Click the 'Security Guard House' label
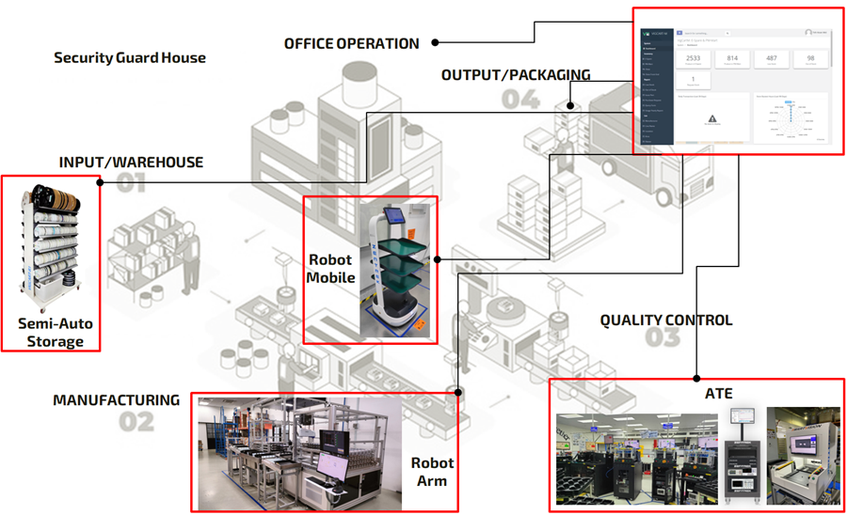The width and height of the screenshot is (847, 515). tap(130, 57)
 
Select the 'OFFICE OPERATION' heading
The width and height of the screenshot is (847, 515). tap(352, 43)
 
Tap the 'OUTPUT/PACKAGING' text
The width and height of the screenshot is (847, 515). tap(516, 75)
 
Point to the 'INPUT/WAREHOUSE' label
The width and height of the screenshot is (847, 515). tap(131, 162)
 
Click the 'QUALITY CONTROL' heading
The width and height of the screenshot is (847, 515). tap(665, 320)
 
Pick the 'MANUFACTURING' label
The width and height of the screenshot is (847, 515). tap(116, 399)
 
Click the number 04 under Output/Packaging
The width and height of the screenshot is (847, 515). tap(520, 99)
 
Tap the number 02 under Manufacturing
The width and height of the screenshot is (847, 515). tap(136, 422)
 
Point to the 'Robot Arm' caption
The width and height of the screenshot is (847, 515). tap(432, 472)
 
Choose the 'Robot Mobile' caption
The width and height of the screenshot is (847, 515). tap(330, 268)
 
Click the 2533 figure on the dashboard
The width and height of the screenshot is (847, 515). tap(694, 58)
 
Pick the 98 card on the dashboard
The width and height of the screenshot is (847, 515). tap(810, 58)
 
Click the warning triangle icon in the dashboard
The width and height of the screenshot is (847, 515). tap(711, 118)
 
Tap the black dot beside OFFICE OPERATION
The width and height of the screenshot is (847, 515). tap(437, 41)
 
